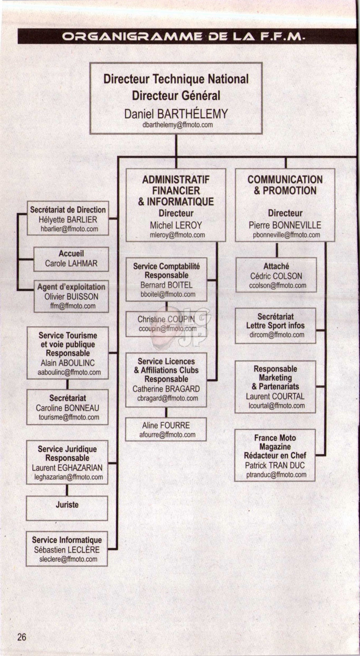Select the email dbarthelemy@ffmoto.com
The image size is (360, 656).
[x=178, y=125]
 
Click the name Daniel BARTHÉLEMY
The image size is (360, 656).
[x=176, y=114]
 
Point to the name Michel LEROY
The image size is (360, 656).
[x=176, y=225]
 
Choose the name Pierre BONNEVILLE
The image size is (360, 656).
[x=285, y=225]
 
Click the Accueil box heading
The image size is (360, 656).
[x=71, y=253]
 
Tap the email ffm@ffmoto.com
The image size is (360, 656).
[x=73, y=306]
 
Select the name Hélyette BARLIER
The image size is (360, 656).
[x=67, y=220]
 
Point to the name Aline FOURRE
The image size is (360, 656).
[x=166, y=425]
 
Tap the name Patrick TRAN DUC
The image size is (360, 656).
[x=275, y=465]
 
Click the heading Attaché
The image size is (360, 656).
[x=276, y=266]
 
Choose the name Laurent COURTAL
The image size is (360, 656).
[x=275, y=396]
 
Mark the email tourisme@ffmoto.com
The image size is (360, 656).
[x=69, y=417]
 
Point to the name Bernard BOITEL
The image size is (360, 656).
[x=166, y=285]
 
